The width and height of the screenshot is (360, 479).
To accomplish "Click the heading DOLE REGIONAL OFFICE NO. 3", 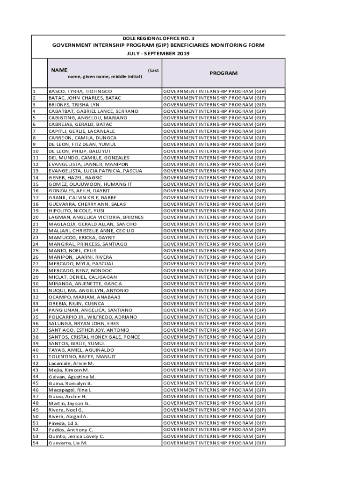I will pos(158,38).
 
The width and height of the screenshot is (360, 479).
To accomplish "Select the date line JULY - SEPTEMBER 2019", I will pos(158,54).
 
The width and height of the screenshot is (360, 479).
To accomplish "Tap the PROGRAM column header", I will pos(223,73).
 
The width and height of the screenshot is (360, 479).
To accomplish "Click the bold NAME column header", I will pos(59,70).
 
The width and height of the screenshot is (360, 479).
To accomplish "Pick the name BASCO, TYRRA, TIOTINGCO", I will pos(80,91).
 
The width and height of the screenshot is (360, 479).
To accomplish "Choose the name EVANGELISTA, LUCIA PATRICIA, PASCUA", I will pos(95,171).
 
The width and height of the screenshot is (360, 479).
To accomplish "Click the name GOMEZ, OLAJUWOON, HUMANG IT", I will pos(90,184).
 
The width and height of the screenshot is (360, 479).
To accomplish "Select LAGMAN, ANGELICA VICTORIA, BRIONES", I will pos(96,218).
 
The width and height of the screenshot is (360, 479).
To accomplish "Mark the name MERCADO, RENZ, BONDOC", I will pos(80,270).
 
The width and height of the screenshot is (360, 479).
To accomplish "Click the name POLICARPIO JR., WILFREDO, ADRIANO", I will pos(93,317).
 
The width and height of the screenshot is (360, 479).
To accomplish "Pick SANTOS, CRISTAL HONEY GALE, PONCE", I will pos(94,337).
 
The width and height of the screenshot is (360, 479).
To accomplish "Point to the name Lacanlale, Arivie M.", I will pos(71,363).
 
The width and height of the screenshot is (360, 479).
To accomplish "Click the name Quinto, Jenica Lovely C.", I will pos(76,436).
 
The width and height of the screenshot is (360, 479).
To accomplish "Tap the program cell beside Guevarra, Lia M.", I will pos(214,443).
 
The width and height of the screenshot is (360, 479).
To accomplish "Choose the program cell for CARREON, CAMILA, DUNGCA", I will pos(214,138).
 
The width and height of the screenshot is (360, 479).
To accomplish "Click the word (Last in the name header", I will pos(153,70).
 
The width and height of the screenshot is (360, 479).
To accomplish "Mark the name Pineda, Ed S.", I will pos(64,423).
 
